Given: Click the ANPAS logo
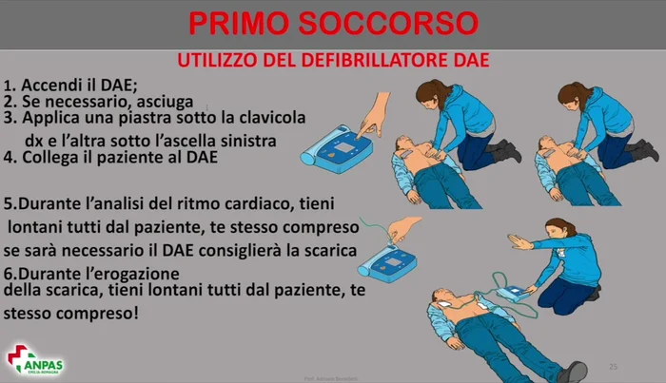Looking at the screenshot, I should click(36, 358).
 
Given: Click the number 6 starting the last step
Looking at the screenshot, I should click(10, 273).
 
